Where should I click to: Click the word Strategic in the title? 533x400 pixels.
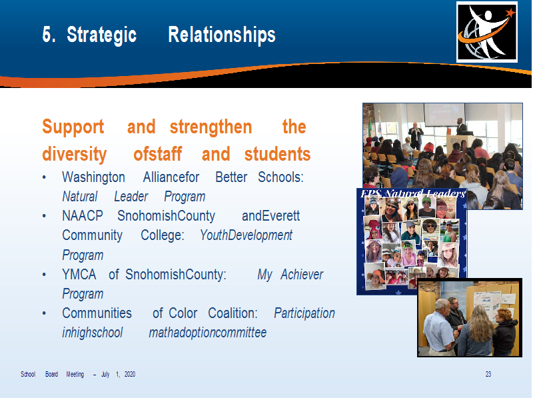click(102, 35)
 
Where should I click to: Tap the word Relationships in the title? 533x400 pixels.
click(222, 35)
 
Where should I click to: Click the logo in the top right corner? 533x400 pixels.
click(487, 32)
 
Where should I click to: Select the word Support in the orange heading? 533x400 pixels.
click(73, 127)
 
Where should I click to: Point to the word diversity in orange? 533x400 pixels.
click(75, 154)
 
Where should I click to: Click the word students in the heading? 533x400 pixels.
click(277, 154)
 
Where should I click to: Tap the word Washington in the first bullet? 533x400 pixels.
click(93, 177)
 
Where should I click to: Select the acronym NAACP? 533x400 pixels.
click(83, 215)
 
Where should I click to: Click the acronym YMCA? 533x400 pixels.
click(79, 274)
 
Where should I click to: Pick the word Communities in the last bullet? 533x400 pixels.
click(97, 313)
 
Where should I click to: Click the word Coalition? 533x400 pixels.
click(233, 313)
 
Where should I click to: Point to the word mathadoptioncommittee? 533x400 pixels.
click(208, 332)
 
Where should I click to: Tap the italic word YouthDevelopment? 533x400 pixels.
click(246, 235)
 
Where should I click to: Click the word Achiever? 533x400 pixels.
click(302, 274)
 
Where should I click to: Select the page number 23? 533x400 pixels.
click(488, 374)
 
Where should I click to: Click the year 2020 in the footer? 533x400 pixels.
click(130, 374)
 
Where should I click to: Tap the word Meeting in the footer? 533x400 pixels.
click(75, 375)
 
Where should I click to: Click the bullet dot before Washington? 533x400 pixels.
click(44, 177)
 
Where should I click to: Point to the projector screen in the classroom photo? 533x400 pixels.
click(444, 114)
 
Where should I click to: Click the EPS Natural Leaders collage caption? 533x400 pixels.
click(413, 194)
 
